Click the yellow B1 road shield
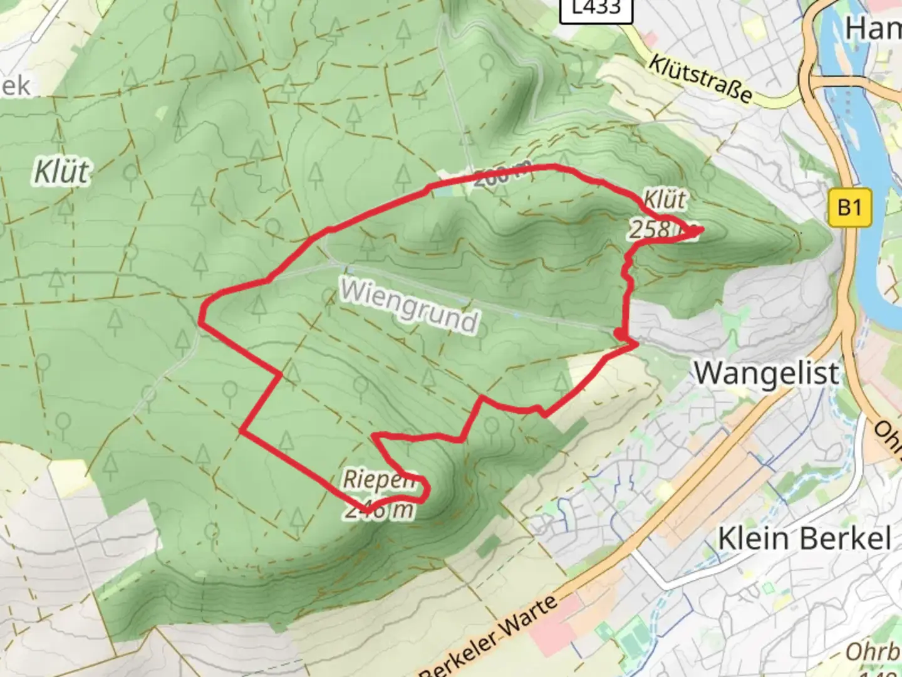click(x=849, y=207)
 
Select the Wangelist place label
click(x=766, y=374)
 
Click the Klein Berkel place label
click(x=804, y=538)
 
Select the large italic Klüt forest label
click(x=61, y=172)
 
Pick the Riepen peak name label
click(x=378, y=480)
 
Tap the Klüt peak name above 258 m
click(x=665, y=201)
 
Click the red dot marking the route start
click(x=619, y=333)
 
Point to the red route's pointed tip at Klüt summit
click(x=699, y=231)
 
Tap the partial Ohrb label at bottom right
click(x=872, y=652)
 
